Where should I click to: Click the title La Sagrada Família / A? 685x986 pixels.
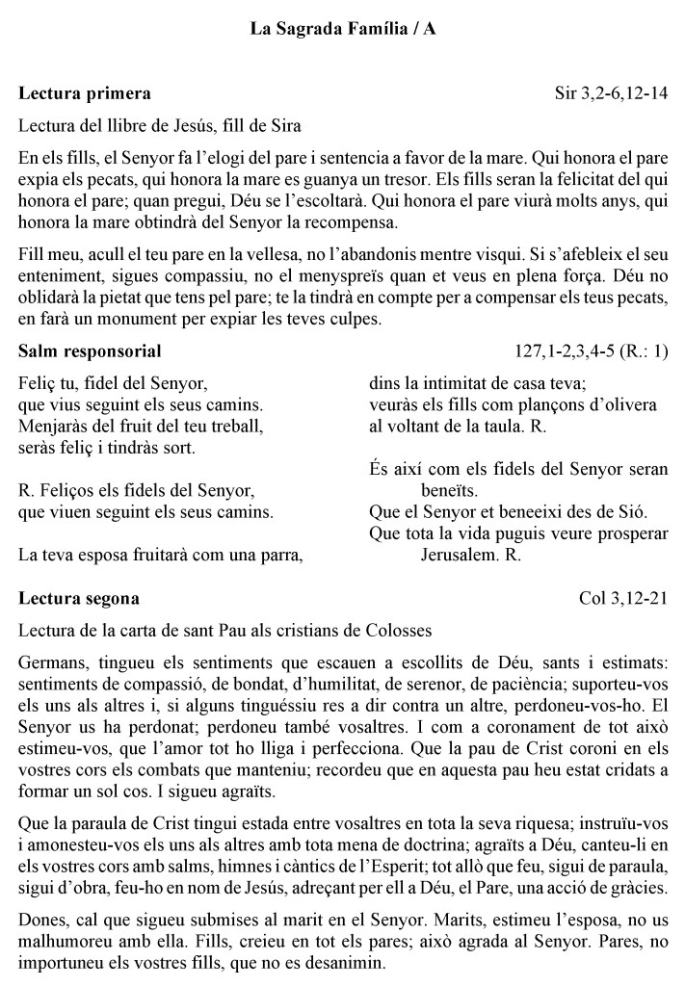[342, 31]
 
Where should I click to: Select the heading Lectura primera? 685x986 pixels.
[84, 94]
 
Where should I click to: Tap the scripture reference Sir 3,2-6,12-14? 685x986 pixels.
[611, 94]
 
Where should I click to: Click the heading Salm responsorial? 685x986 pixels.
[90, 350]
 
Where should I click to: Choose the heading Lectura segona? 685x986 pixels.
[79, 599]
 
